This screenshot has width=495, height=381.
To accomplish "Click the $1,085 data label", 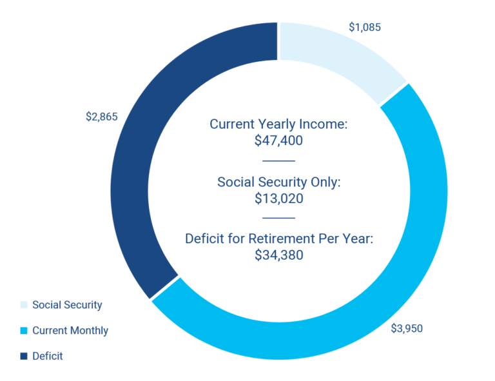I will [x=365, y=27].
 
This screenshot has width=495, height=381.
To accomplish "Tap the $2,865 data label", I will [x=102, y=117].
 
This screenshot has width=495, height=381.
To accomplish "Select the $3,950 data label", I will [x=407, y=328].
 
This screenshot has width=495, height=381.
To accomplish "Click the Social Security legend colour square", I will [x=24, y=305].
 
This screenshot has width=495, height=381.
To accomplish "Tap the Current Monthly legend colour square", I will [x=24, y=331].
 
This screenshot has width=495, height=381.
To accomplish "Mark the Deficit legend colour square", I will [x=24, y=356].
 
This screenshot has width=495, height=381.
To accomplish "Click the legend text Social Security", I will [x=67, y=305].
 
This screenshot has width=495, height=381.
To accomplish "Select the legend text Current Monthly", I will [x=70, y=331].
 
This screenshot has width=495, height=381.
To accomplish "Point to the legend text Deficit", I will [x=48, y=356].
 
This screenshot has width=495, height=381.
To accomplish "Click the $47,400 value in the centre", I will [x=278, y=141].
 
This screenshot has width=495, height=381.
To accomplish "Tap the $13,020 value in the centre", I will [x=278, y=199].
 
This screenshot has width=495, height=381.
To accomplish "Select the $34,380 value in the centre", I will [x=278, y=255].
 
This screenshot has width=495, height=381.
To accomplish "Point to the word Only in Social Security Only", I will [x=326, y=182].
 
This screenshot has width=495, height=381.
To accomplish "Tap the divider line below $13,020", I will [x=278, y=218].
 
